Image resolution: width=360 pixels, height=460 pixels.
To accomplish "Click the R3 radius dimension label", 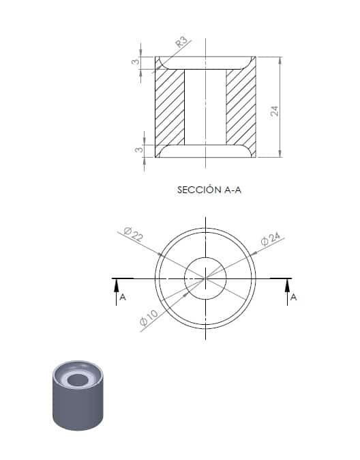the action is point(181,42).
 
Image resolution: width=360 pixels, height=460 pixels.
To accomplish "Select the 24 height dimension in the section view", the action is point(275,111).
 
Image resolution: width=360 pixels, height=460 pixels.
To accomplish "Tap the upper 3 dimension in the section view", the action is point(135,61).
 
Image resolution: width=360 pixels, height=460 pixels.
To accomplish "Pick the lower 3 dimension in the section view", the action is point(138,149).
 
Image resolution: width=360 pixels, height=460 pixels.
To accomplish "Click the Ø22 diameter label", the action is point(134,234).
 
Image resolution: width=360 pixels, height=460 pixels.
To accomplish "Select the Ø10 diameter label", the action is point(149,318).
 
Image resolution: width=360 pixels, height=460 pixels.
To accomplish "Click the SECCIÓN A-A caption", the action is point(209,190).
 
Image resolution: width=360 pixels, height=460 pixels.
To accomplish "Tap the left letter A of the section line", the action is point(123,297).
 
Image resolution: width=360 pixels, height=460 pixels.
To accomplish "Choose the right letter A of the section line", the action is point(293,297).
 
